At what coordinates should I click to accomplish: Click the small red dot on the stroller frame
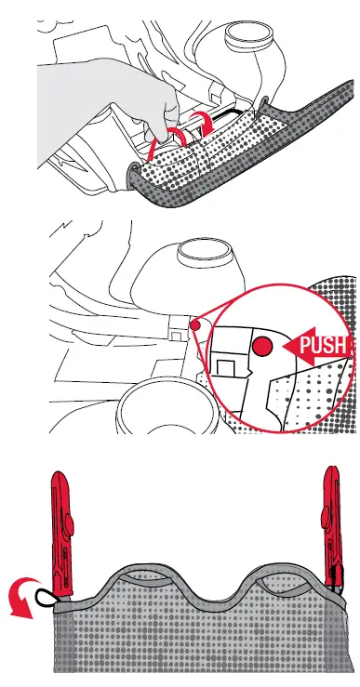pos(194,324)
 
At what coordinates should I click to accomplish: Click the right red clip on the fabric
pos(331,524)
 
